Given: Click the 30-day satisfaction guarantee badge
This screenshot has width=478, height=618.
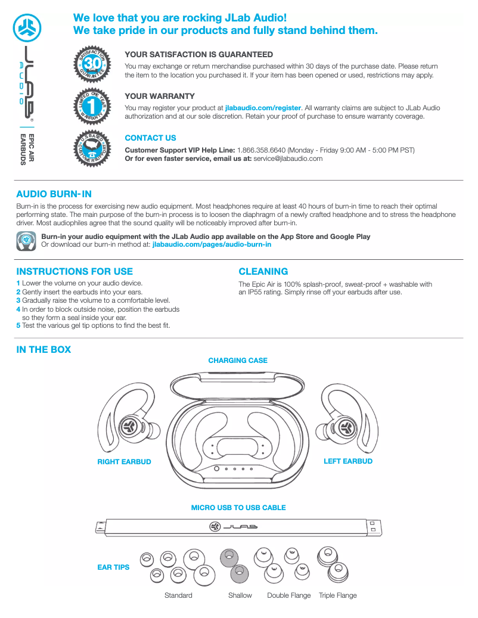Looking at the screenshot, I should pyautogui.click(x=92, y=63).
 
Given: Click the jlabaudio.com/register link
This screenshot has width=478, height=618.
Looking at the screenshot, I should pyautogui.click(x=263, y=108).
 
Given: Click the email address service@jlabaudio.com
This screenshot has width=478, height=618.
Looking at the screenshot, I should pyautogui.click(x=288, y=159).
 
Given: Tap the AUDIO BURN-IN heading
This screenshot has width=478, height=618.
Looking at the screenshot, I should pyautogui.click(x=54, y=194).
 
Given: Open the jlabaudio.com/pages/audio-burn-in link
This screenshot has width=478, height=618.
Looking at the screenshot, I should pyautogui.click(x=212, y=244).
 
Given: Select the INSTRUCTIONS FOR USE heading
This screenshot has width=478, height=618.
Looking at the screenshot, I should pyautogui.click(x=75, y=271).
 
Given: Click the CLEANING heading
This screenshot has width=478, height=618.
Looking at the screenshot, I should pyautogui.click(x=263, y=271).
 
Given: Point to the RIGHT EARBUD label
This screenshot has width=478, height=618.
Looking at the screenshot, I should pyautogui.click(x=124, y=462).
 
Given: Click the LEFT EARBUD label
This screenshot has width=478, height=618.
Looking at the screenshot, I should pyautogui.click(x=347, y=461).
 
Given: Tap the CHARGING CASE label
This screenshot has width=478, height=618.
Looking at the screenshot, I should pyautogui.click(x=238, y=361).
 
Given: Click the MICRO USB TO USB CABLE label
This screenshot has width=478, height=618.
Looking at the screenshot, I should pyautogui.click(x=238, y=508).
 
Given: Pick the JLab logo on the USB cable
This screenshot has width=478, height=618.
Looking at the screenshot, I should pyautogui.click(x=233, y=527).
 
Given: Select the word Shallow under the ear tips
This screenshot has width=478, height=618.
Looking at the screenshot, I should pyautogui.click(x=240, y=595).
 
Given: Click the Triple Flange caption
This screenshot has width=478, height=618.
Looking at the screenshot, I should pyautogui.click(x=337, y=595).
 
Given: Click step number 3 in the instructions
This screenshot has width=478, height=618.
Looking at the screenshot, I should pyautogui.click(x=18, y=300).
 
